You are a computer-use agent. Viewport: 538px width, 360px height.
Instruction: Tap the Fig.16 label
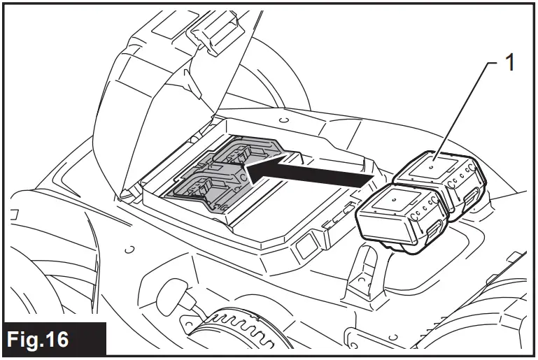point(55,340)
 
